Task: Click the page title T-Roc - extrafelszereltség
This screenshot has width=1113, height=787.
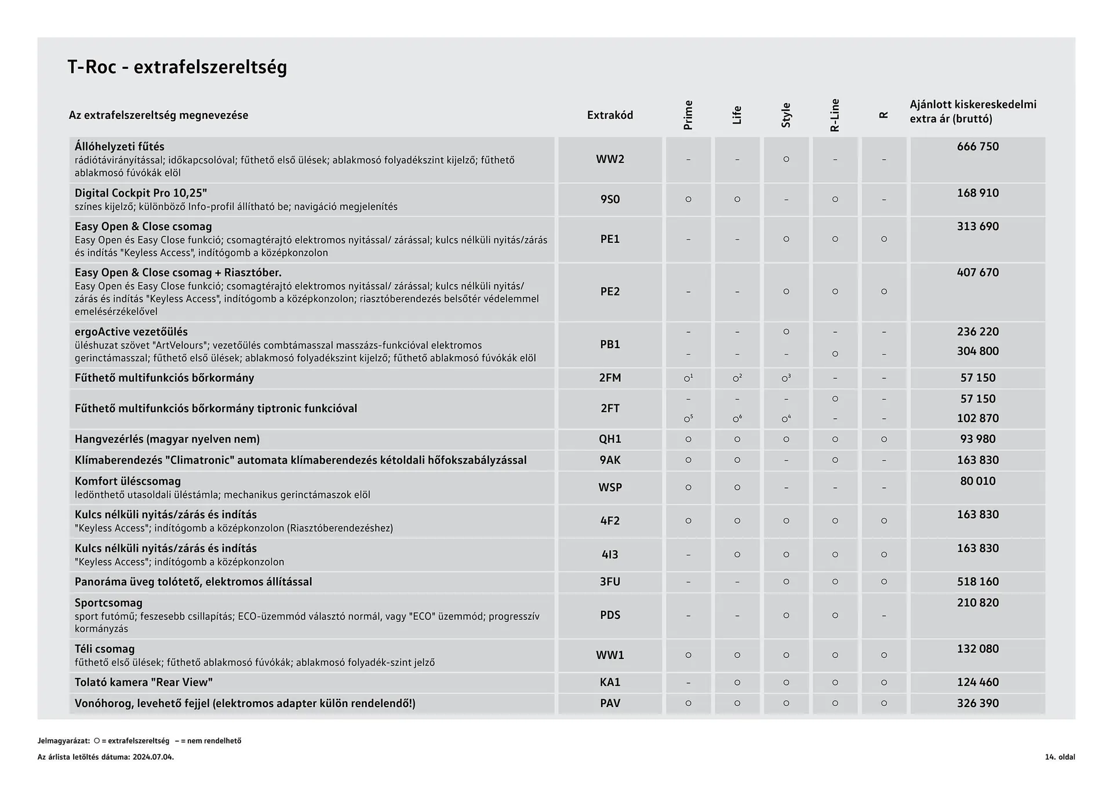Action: click(177, 67)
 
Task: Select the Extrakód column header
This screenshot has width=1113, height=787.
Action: click(610, 115)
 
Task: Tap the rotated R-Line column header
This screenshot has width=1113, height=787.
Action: click(835, 115)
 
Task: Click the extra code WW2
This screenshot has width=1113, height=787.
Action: click(610, 159)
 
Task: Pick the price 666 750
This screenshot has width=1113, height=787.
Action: click(977, 147)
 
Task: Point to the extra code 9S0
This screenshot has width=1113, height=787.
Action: click(610, 199)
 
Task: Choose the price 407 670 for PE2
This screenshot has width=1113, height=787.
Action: click(977, 272)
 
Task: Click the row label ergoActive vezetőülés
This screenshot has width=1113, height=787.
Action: click(131, 331)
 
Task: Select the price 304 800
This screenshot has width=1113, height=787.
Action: click(977, 351)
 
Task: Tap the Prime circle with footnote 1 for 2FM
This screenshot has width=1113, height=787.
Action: click(688, 378)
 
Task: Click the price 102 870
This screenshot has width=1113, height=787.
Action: click(977, 418)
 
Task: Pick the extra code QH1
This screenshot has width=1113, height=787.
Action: click(610, 439)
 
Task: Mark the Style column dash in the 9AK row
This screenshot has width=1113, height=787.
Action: click(786, 460)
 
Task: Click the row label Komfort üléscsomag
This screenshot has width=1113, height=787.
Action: click(128, 481)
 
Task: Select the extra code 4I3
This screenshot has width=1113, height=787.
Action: click(610, 555)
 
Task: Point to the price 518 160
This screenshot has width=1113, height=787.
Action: click(977, 582)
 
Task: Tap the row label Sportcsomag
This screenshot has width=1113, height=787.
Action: click(108, 603)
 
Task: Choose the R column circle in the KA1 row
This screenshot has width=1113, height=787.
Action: click(884, 683)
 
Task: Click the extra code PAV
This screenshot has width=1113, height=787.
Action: click(610, 704)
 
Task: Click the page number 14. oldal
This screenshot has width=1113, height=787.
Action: click(1060, 757)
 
